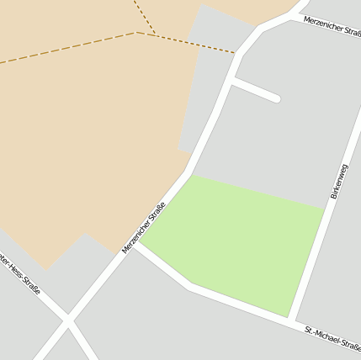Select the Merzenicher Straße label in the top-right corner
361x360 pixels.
pyautogui.click(x=332, y=27)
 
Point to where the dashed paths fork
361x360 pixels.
pyautogui.click(x=136, y=33)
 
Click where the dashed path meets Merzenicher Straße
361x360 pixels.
pyautogui.click(x=236, y=54)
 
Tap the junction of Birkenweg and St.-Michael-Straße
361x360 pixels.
pyautogui.click(x=291, y=320)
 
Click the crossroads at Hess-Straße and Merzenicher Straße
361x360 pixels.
pyautogui.click(x=67, y=320)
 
